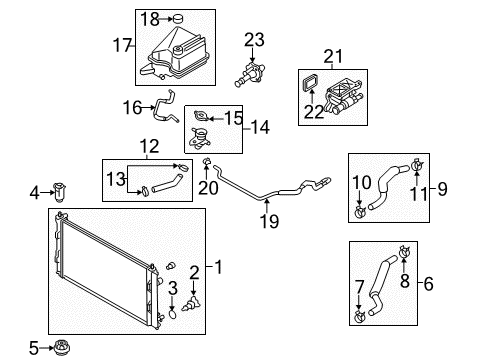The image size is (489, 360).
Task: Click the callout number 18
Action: coord(150,19)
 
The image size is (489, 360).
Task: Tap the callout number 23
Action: coord(254,40)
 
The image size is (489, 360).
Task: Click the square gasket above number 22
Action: coord(310,83)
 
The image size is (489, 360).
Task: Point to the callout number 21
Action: coord(333,56)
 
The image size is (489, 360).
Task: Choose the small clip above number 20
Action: coord(207,161)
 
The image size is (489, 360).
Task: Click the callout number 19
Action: coord(269,221)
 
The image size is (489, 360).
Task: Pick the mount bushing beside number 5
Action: coord(61,348)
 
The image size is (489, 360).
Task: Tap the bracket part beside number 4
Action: coord(60,192)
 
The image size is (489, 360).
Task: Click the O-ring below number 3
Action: coord(173,313)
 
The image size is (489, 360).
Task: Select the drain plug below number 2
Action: coord(191,303)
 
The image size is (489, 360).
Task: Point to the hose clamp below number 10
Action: coord(360,211)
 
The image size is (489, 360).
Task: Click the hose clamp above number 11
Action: coord(417,164)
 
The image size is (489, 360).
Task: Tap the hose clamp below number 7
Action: coord(360,316)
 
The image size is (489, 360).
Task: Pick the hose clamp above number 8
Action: coord(405,251)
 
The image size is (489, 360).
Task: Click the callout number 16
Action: coord(132,107)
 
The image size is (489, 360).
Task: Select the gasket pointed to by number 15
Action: coord(201,116)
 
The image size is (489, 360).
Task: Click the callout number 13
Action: coord(115,179)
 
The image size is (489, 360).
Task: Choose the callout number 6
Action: coord(429,284)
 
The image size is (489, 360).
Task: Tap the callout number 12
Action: coord(149,146)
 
